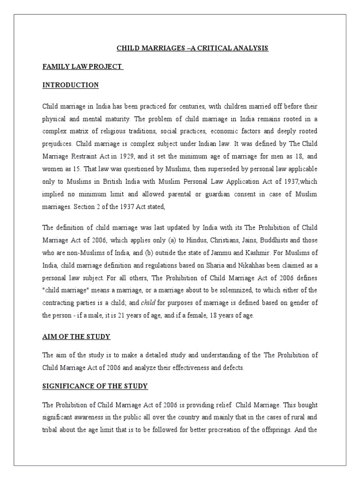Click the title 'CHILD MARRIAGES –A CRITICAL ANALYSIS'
[192, 48]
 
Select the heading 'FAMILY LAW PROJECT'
[82, 67]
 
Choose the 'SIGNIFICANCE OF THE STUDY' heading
[95, 386]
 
